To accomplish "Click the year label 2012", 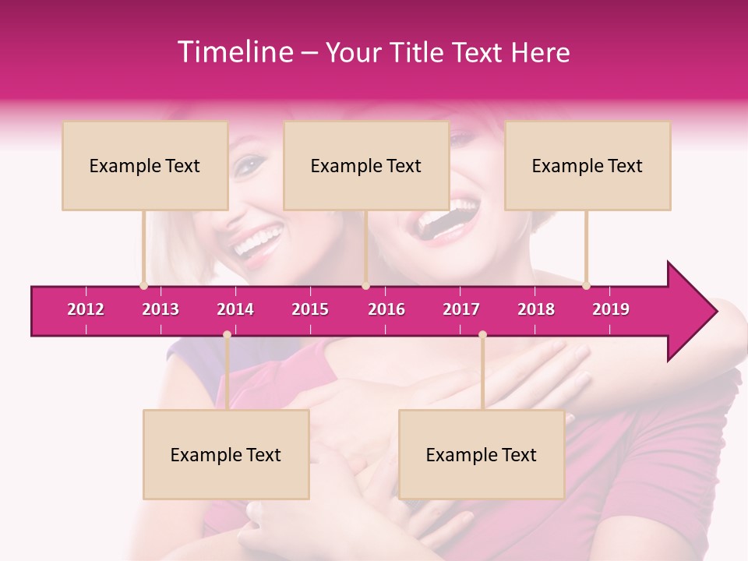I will (86, 309).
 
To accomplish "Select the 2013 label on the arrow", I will (161, 309).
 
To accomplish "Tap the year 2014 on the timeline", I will (235, 309).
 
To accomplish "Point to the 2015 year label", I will (310, 309).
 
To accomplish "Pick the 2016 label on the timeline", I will (386, 309).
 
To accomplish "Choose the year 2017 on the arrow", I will (461, 309).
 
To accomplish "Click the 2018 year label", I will (536, 309).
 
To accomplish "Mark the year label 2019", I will (611, 309).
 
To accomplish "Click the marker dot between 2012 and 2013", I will (143, 285).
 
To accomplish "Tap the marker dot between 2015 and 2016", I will (365, 285).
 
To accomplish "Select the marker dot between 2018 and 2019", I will (586, 285).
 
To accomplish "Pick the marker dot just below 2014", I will (227, 334).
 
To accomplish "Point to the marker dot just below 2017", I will (482, 334).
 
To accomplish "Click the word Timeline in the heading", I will (234, 52).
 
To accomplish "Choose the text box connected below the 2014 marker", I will (226, 454).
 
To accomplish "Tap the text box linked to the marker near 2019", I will (587, 165).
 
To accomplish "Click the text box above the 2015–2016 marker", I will (366, 165).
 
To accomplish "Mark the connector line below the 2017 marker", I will (482, 372).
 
